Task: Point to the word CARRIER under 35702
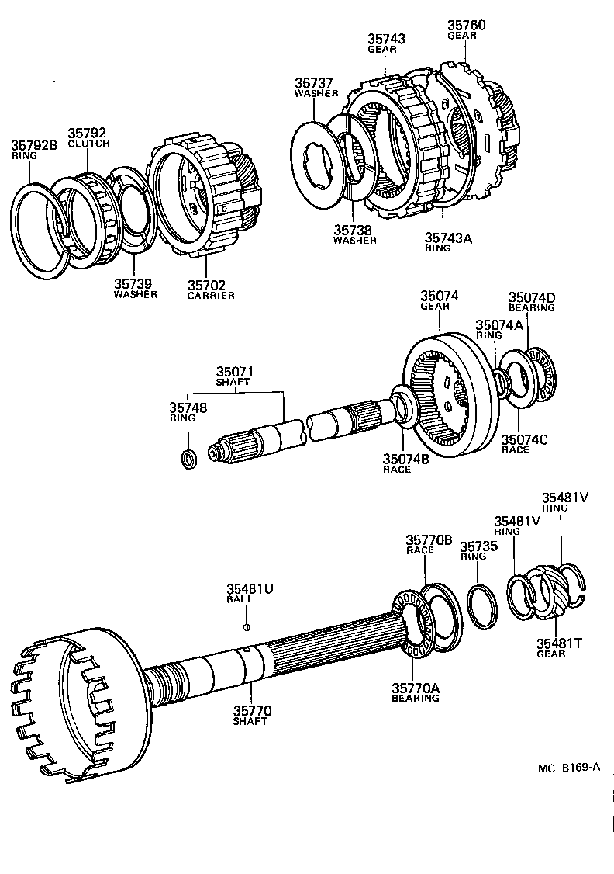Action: coord(211,296)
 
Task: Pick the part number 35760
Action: coord(466,26)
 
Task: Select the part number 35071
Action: coord(235,373)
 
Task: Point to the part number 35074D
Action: coord(532,297)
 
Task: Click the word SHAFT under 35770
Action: coord(250,721)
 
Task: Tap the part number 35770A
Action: coord(415,688)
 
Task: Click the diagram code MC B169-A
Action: coord(569,768)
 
